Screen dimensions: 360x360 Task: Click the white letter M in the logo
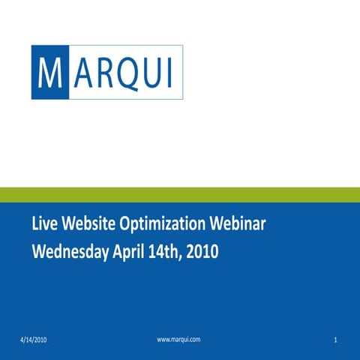[49, 72]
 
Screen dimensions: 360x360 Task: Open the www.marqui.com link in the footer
[178, 340]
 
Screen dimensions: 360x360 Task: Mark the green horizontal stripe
[180, 195]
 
